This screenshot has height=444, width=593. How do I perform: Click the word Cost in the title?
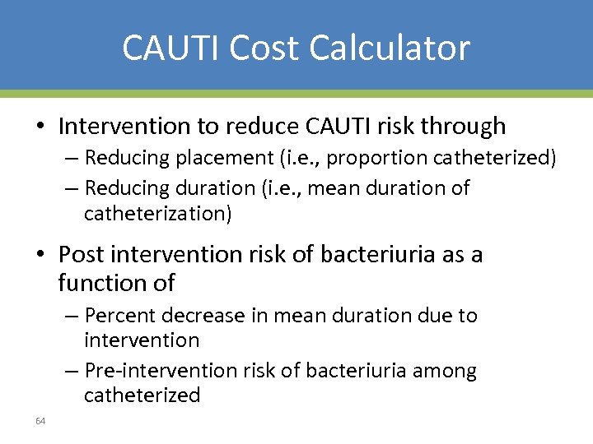pos(263,48)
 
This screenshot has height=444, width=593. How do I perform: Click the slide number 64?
pos(40,421)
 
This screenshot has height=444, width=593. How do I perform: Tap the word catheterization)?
pos(158,214)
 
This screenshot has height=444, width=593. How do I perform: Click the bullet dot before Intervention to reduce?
pos(40,127)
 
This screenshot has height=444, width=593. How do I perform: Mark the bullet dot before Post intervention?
pos(40,255)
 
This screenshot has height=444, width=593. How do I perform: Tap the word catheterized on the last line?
pos(142,395)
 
